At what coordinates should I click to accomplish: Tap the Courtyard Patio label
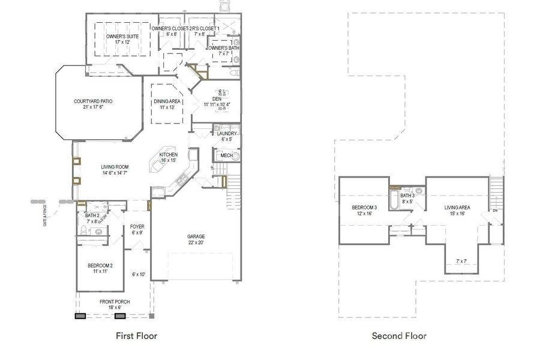(x=93, y=101)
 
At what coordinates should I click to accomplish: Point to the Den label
(x=217, y=99)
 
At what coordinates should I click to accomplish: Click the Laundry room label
(x=227, y=133)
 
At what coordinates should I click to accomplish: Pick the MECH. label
(x=227, y=155)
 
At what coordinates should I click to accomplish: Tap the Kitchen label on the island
(x=168, y=155)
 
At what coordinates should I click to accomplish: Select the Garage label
(x=196, y=236)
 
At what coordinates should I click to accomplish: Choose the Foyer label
(x=137, y=226)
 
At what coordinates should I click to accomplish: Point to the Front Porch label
(x=115, y=302)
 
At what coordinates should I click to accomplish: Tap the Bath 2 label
(x=92, y=215)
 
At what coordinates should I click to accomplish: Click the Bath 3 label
(x=407, y=196)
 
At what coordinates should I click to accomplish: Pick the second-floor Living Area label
(x=457, y=208)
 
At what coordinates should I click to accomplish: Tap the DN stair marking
(x=495, y=211)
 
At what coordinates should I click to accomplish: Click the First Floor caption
(x=137, y=336)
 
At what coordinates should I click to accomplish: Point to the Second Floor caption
(x=399, y=336)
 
